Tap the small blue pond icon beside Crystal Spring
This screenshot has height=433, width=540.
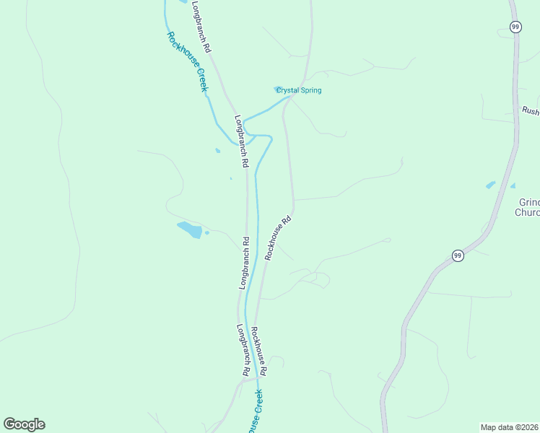(x=278, y=89)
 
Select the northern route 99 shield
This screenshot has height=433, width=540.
(x=515, y=27)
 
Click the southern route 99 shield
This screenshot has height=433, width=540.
(x=458, y=255)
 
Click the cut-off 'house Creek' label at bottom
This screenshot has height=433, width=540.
(x=255, y=412)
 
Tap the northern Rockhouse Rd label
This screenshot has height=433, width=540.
(x=278, y=237)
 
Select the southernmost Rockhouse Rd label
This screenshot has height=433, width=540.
(x=258, y=351)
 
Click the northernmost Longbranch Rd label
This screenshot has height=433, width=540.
(x=201, y=26)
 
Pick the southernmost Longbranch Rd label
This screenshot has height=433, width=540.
(x=244, y=349)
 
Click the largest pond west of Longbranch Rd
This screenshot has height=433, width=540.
(x=190, y=229)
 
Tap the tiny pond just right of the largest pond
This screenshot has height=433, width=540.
(x=206, y=232)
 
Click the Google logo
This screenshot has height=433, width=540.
(x=24, y=424)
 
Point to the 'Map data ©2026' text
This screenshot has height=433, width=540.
(x=509, y=427)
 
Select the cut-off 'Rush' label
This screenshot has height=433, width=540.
(x=531, y=111)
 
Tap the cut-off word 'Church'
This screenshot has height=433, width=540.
(x=527, y=213)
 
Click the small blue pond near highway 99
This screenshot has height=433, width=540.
(x=491, y=185)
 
